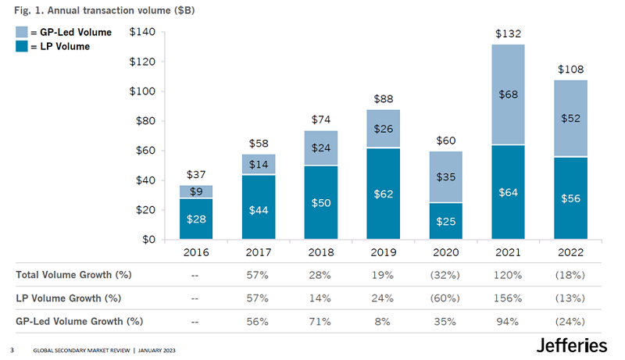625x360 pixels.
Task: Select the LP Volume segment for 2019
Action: pos(384,194)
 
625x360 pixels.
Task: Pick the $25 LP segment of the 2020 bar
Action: pos(445,221)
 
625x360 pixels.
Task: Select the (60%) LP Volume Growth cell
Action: pos(445,298)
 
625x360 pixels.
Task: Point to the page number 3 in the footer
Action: pos(11,349)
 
